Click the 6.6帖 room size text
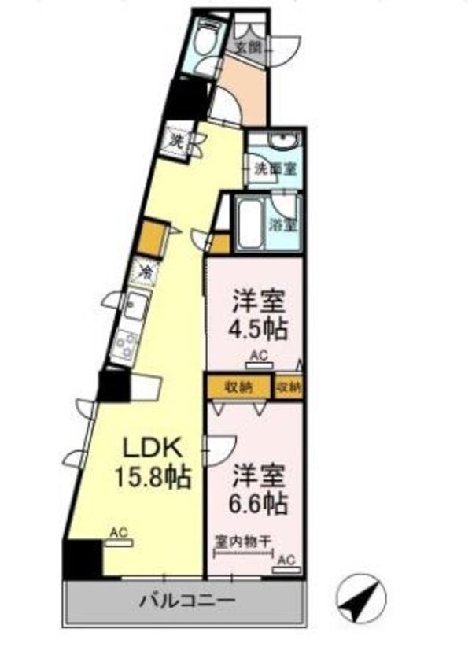[x=259, y=501]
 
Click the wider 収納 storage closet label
[x=239, y=386]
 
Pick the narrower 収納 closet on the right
[x=289, y=386]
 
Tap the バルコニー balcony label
[x=187, y=602]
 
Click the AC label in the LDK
[x=119, y=533]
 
